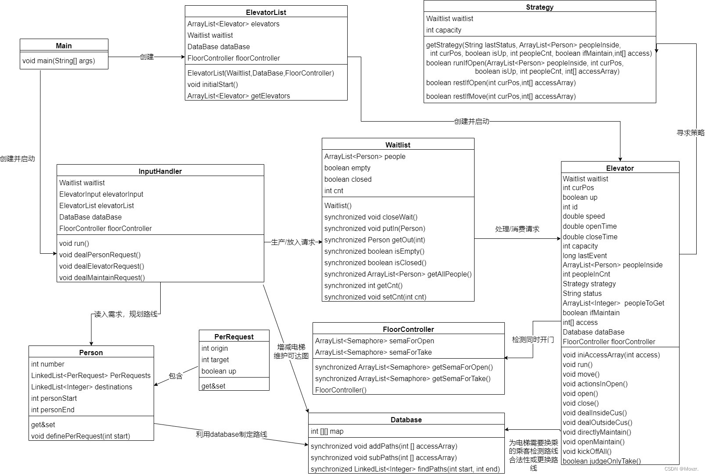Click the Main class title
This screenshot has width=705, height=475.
click(64, 46)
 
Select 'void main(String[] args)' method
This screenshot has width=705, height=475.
click(58, 61)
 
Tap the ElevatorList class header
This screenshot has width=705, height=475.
click(266, 12)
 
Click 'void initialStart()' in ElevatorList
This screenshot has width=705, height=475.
click(212, 84)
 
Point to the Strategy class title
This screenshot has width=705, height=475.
click(540, 7)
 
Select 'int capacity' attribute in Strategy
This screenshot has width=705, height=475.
click(443, 30)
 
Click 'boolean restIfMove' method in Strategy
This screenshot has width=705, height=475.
click(500, 96)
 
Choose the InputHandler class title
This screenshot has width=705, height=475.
click(160, 171)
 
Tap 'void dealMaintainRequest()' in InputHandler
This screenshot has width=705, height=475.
click(102, 277)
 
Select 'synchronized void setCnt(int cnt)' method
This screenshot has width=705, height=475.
click(375, 297)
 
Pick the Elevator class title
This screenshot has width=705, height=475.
click(620, 168)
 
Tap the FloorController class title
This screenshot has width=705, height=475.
click(408, 329)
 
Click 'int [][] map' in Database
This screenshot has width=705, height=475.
click(327, 431)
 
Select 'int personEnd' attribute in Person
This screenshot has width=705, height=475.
click(53, 410)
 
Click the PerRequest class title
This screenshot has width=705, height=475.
click(234, 337)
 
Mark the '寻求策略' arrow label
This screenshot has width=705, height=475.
click(690, 133)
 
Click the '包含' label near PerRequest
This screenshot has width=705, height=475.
click(176, 376)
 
